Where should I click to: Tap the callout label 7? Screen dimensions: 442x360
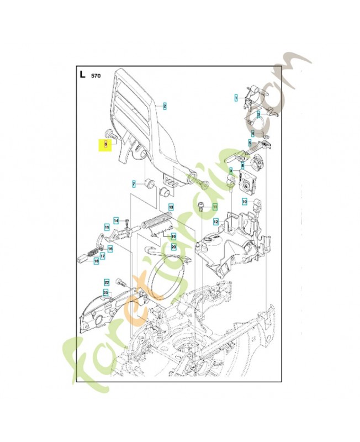(133, 183)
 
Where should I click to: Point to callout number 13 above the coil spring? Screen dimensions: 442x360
(171, 207)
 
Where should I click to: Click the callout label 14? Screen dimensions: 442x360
(116, 221)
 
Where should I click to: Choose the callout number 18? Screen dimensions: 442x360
(96, 261)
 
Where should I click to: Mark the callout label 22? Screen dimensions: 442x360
(107, 282)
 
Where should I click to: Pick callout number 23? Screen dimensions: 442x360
(105, 292)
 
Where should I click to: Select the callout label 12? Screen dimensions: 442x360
(216, 222)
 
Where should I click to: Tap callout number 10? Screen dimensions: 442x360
(245, 202)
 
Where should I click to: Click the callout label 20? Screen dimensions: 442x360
(173, 246)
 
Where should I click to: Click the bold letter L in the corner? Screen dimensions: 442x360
(82, 74)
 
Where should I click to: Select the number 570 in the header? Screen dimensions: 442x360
(96, 75)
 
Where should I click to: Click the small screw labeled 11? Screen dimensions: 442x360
(201, 207)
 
